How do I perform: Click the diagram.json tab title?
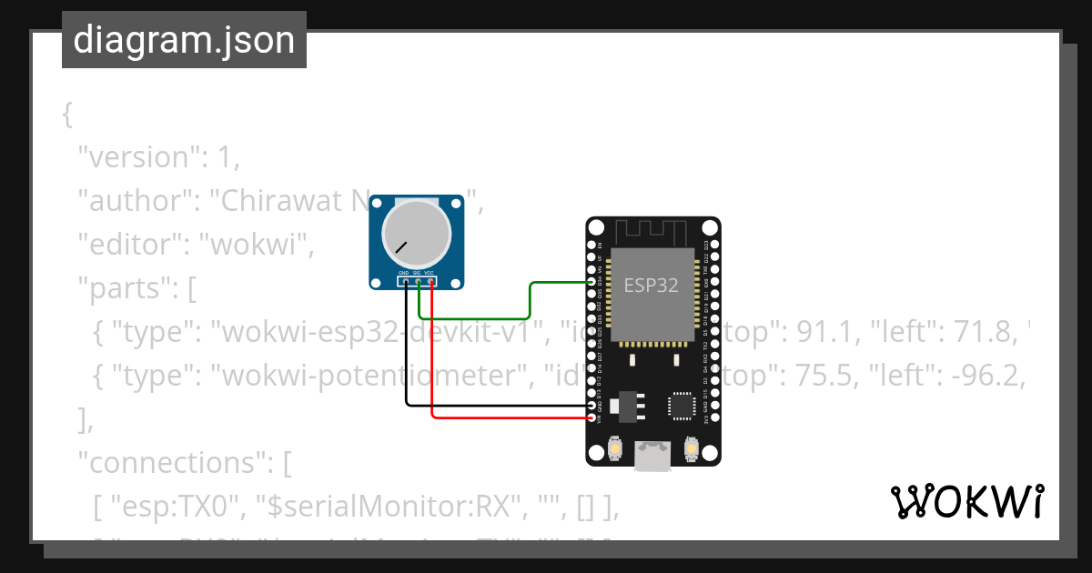184,40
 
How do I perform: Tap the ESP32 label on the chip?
651,285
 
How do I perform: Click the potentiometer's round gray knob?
417,232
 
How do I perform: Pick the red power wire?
510,417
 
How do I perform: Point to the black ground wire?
491,406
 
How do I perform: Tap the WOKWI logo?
966,501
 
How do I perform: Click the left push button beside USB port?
614,449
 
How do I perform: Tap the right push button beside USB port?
691,449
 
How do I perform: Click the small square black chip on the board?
682,406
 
